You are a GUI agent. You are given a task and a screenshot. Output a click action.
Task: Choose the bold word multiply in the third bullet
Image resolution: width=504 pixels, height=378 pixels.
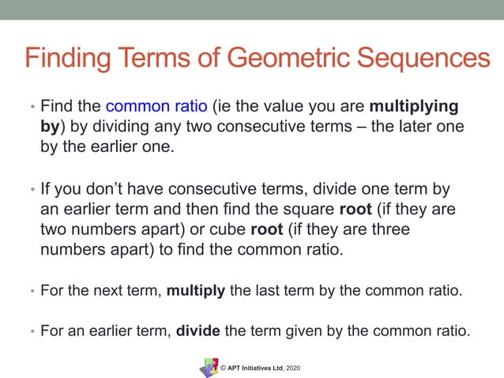196,290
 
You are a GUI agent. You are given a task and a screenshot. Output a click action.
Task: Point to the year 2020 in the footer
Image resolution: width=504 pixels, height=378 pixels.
291,369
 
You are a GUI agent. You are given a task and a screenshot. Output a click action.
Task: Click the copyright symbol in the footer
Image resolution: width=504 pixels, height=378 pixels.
224,369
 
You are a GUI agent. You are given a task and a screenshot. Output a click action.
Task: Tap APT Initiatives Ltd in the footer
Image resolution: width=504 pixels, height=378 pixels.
254,369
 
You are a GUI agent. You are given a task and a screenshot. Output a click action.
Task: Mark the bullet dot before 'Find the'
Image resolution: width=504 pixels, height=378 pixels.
32,107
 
